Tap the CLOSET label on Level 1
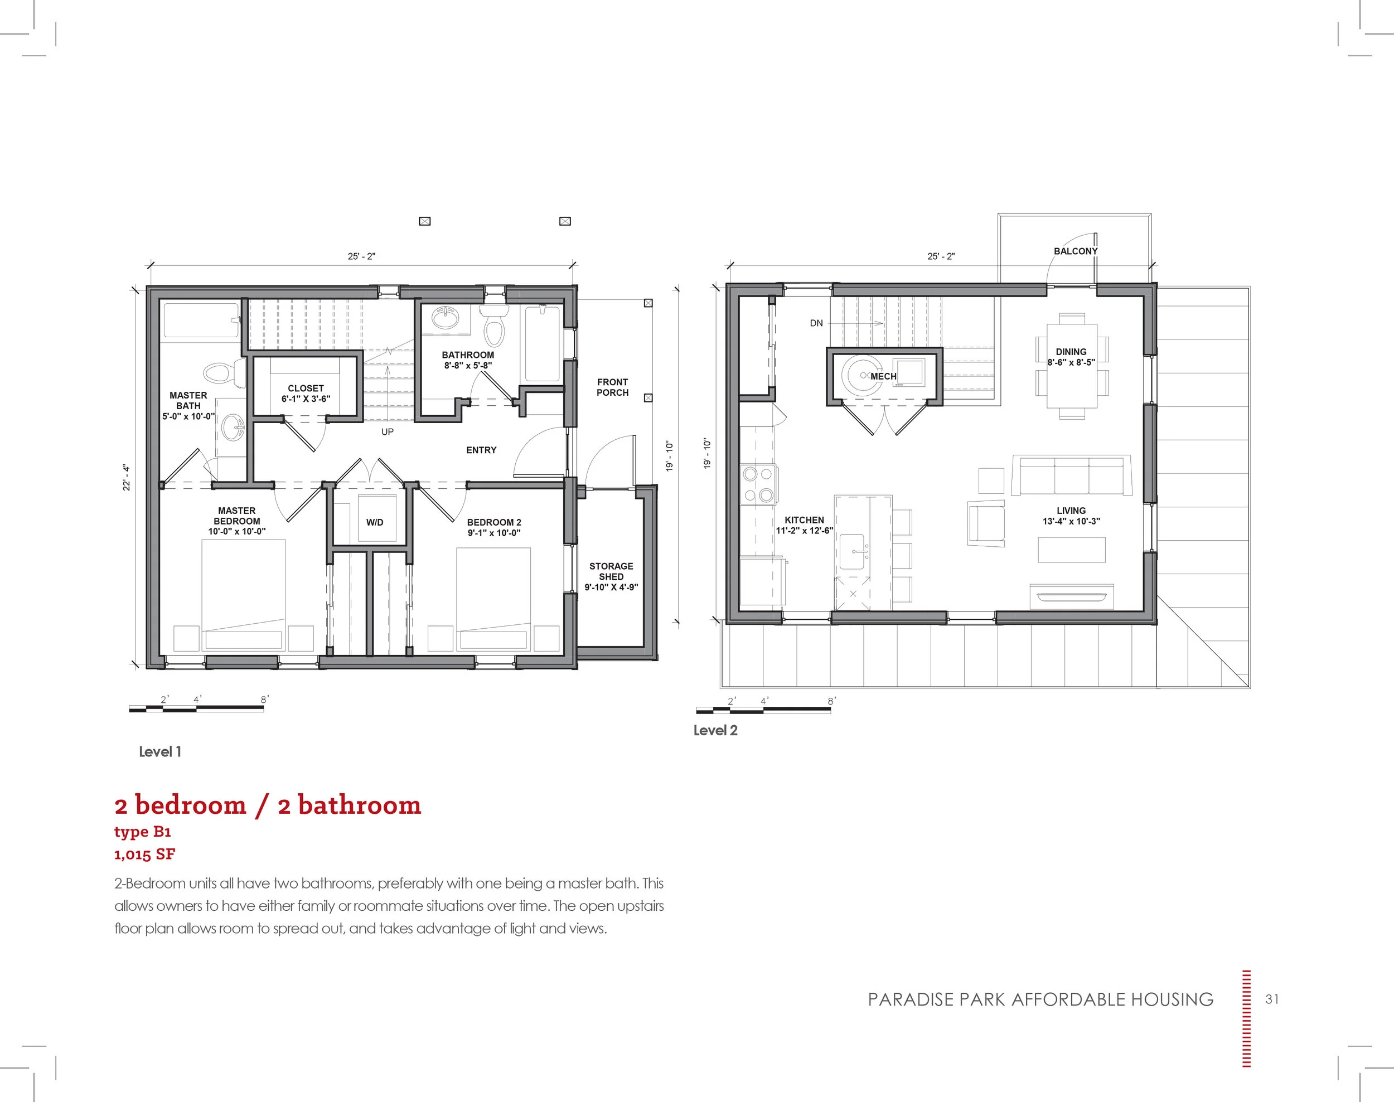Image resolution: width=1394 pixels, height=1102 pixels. (x=305, y=389)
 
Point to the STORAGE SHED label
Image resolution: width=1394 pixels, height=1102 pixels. (x=611, y=576)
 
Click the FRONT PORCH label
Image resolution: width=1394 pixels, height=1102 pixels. (x=612, y=387)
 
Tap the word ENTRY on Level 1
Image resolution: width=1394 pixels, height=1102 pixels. (x=481, y=450)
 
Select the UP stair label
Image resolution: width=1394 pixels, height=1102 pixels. (x=387, y=431)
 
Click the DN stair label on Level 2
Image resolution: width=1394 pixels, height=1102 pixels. (x=816, y=323)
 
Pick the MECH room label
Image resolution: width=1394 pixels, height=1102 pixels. (x=883, y=376)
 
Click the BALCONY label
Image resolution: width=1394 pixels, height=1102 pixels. (x=1075, y=251)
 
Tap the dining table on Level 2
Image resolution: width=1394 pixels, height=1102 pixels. (x=1071, y=374)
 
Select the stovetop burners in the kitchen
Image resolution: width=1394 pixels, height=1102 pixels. (x=758, y=484)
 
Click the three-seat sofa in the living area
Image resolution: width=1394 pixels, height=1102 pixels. (x=1071, y=475)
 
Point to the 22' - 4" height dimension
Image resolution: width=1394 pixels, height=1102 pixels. (x=127, y=478)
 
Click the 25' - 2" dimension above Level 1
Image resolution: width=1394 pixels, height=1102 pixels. (x=361, y=256)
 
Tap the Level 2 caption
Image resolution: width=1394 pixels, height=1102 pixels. (x=715, y=730)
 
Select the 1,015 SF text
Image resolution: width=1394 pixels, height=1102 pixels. (x=144, y=855)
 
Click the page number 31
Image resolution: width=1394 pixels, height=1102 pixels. (x=1271, y=999)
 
